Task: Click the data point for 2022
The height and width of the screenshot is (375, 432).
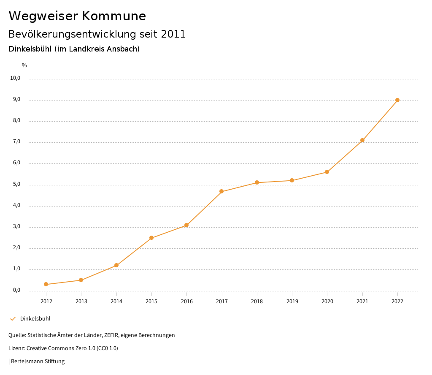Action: click(397, 100)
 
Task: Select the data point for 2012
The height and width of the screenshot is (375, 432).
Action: click(46, 284)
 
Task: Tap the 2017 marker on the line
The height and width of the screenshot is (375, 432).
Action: click(221, 191)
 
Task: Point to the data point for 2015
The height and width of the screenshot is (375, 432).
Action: click(151, 238)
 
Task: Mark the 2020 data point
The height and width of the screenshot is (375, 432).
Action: click(327, 172)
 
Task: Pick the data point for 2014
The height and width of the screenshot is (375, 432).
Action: click(116, 265)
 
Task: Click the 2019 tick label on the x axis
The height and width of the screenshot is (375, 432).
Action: click(292, 301)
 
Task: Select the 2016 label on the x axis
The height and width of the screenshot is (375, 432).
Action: click(186, 301)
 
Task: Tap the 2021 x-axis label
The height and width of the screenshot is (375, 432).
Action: click(362, 301)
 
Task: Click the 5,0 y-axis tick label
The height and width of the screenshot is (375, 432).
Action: click(16, 185)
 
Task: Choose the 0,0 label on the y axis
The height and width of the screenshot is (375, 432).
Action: click(16, 290)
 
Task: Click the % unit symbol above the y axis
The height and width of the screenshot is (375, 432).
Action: click(24, 65)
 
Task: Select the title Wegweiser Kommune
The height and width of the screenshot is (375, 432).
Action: click(77, 16)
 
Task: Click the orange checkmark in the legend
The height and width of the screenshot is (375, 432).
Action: click(13, 318)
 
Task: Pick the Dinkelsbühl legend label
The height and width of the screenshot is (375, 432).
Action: click(35, 318)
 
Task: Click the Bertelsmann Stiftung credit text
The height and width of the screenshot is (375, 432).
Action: click(38, 361)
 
